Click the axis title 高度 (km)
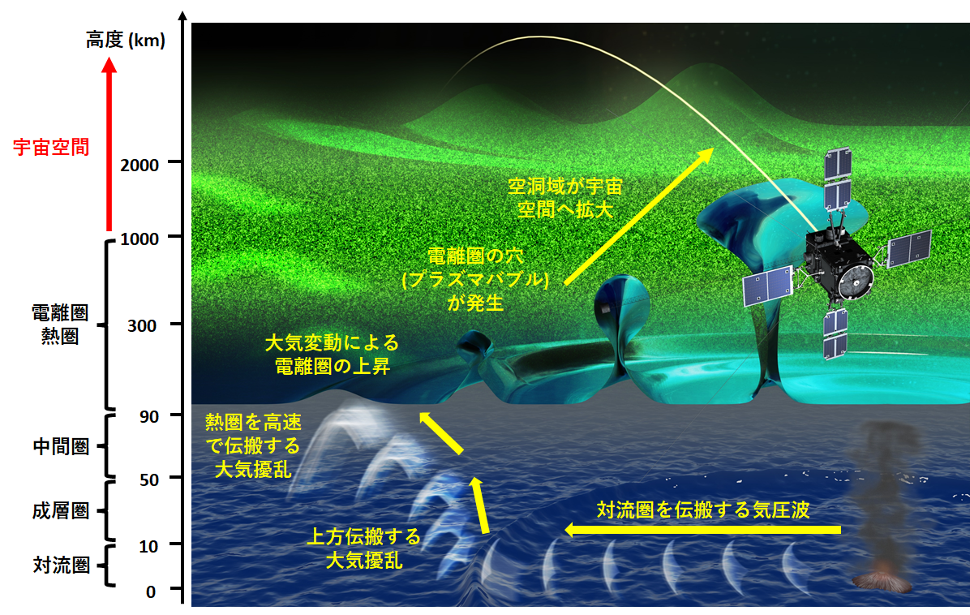(x=126, y=41)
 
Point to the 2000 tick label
(x=139, y=165)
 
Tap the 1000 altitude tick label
(x=139, y=239)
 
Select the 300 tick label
(x=142, y=325)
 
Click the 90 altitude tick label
(x=149, y=416)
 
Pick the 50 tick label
(x=149, y=480)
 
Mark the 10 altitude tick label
(x=148, y=546)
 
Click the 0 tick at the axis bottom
(x=151, y=591)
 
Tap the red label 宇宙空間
(x=51, y=147)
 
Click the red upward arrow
(x=109, y=144)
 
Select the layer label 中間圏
(x=61, y=446)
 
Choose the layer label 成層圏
(x=61, y=510)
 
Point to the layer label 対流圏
(x=61, y=564)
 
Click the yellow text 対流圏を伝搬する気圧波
(x=702, y=510)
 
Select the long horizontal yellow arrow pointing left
(x=702, y=530)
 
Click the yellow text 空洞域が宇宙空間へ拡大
(x=564, y=198)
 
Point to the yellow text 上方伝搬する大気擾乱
(x=363, y=548)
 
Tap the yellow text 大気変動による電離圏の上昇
(x=333, y=355)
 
